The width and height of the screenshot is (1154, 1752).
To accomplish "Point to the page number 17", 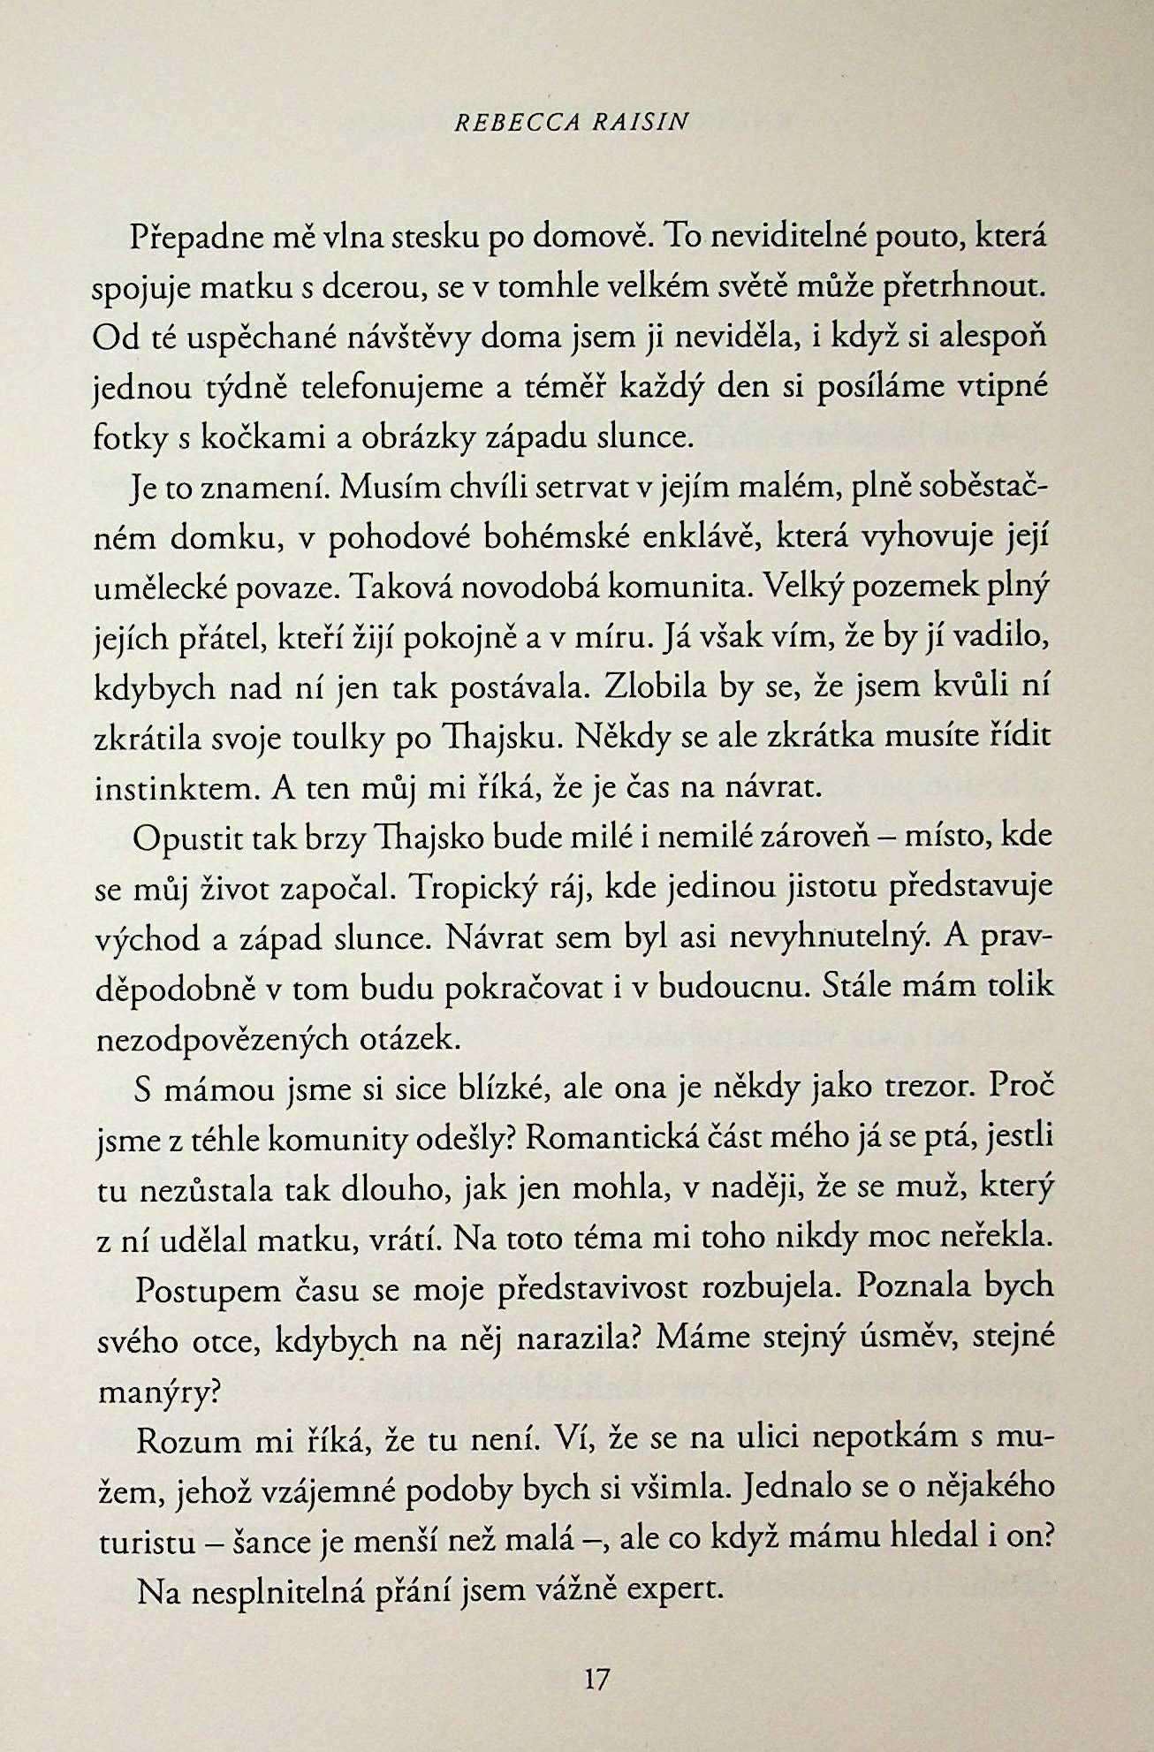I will coord(598,1678).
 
